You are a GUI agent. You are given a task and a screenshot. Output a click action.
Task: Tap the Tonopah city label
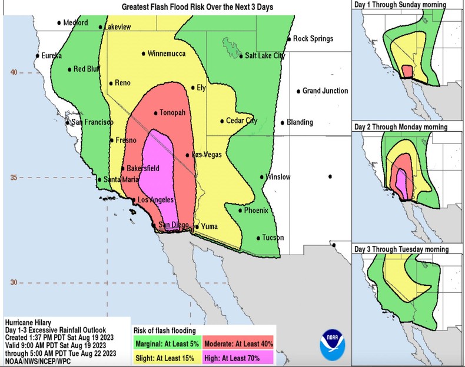tap(172, 113)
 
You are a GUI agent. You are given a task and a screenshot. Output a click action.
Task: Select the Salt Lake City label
tap(265, 56)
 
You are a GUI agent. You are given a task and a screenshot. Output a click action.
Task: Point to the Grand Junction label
tap(325, 91)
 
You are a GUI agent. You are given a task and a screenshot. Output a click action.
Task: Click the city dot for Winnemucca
tap(144, 54)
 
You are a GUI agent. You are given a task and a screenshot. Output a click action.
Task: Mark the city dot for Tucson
tap(258, 238)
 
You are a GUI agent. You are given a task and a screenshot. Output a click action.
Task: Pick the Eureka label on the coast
tap(51, 55)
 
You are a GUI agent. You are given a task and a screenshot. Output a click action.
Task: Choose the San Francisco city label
tap(92, 122)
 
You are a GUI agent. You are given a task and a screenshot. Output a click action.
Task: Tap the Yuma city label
tap(209, 226)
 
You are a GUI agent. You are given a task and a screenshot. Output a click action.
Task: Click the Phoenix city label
tap(256, 210)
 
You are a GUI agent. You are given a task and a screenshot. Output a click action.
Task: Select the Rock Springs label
tap(313, 39)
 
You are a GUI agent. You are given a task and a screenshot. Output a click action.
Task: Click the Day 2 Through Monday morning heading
tap(400, 127)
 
